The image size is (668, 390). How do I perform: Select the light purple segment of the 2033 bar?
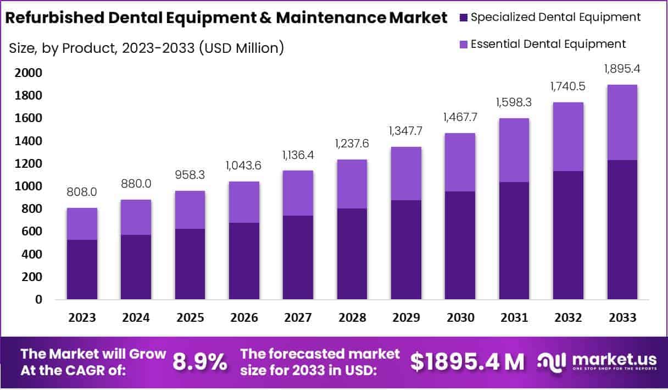click(x=622, y=122)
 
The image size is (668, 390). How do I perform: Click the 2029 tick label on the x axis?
click(x=406, y=318)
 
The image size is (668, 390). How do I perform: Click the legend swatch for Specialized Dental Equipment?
click(x=463, y=18)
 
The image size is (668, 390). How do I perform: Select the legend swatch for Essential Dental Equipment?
click(x=463, y=44)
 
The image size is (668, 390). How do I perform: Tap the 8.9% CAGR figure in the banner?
click(x=200, y=362)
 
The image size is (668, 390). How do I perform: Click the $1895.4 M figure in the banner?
click(x=467, y=362)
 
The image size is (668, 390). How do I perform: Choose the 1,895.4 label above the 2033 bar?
click(x=622, y=70)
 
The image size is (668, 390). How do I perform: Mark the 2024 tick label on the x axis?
click(x=136, y=318)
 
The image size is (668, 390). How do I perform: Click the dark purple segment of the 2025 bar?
click(x=190, y=264)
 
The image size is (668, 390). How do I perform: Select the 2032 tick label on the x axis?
click(x=568, y=318)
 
